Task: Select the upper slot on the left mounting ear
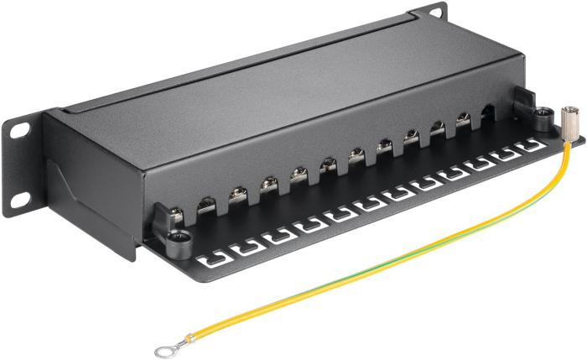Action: coord(18,130)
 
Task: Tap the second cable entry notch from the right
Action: coord(462,121)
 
